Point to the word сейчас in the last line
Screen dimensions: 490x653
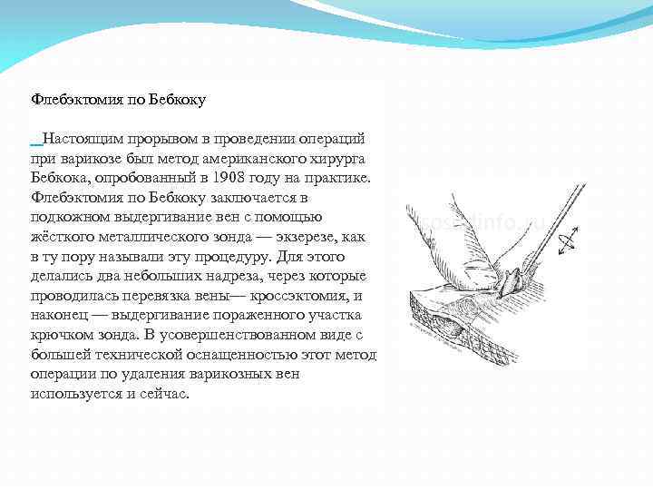160,395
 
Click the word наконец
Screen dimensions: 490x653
61,315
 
